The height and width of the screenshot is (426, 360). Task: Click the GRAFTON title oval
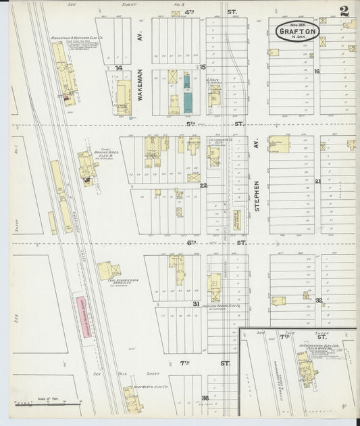297,31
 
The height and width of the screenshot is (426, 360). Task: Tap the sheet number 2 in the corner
344,11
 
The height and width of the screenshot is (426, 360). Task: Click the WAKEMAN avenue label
142,86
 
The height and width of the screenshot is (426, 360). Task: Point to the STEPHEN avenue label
257,196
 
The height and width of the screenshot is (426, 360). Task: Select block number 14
119,68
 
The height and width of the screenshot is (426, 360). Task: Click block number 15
203,67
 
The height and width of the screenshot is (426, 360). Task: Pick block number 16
316,71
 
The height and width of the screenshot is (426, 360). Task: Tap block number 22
203,185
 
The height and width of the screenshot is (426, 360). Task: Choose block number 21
317,181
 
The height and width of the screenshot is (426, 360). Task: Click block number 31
196,304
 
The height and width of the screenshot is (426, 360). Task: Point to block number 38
205,398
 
